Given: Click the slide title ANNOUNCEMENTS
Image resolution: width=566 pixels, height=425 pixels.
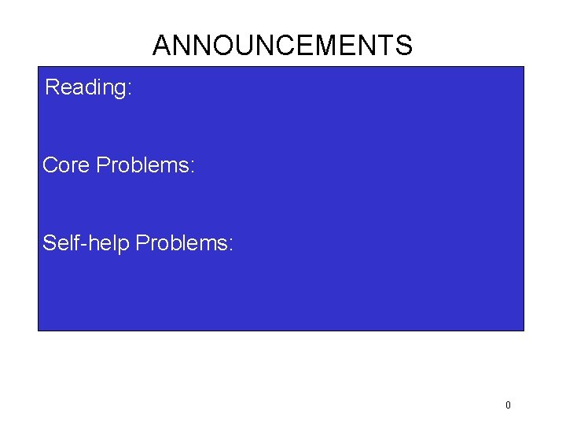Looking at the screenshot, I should (x=282, y=46).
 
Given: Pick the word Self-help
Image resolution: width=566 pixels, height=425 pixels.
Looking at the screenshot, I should (x=86, y=243).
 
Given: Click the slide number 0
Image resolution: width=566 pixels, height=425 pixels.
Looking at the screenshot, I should (x=508, y=405).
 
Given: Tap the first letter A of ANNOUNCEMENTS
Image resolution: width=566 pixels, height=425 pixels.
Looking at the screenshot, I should (x=163, y=46).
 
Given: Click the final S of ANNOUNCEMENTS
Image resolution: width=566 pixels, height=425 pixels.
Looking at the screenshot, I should (x=403, y=46).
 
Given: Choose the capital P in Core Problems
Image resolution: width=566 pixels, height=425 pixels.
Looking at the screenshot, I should (x=102, y=165).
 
